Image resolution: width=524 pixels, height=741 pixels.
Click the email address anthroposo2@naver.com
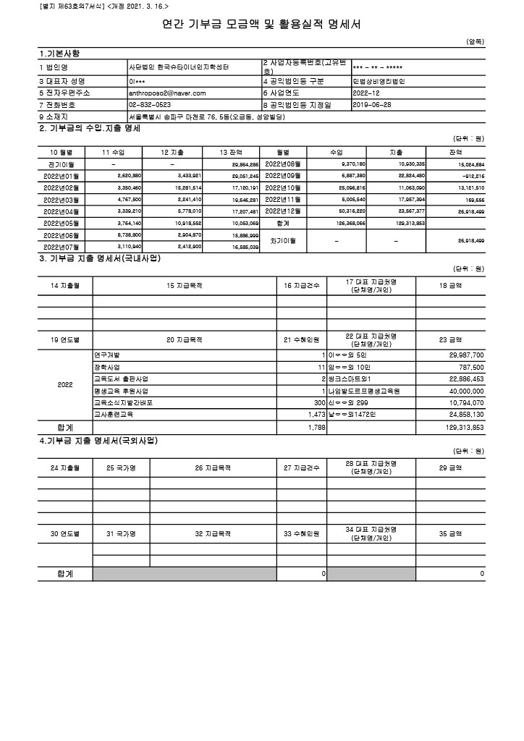click(x=167, y=93)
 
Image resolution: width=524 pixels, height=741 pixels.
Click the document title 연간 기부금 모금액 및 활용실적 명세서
click(x=261, y=25)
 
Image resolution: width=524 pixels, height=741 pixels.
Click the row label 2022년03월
click(x=62, y=199)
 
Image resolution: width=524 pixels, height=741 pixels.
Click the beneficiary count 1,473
click(x=313, y=415)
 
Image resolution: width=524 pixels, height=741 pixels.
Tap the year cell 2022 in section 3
click(x=65, y=384)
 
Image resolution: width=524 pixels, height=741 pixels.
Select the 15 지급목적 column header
click(x=185, y=286)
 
